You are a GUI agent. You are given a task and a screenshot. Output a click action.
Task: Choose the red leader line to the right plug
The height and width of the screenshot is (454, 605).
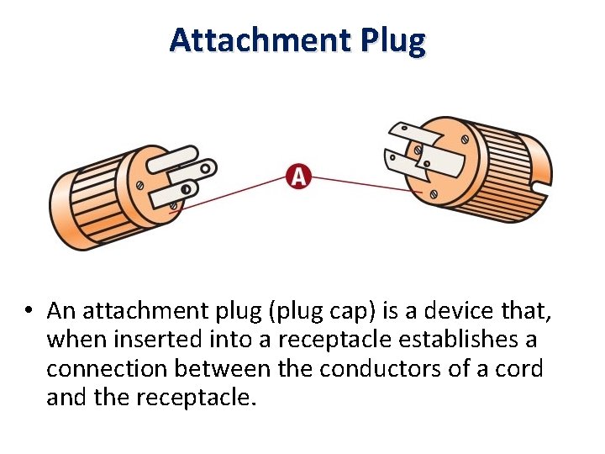(x=361, y=182)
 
